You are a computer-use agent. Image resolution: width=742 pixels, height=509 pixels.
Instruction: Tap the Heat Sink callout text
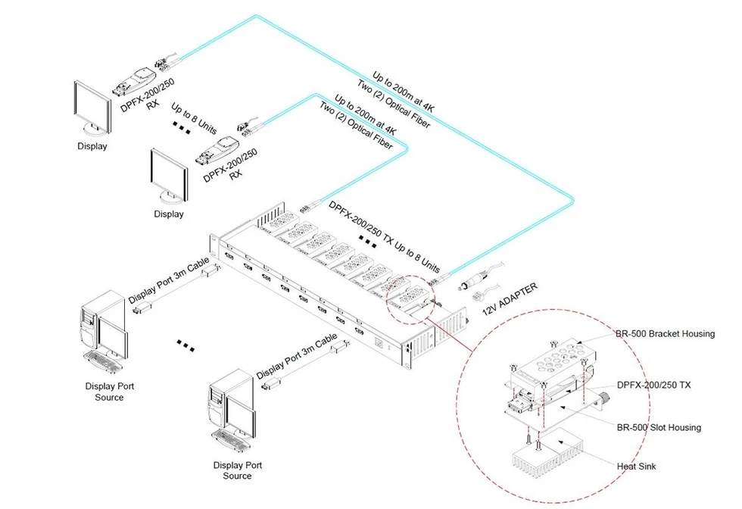pos(636,467)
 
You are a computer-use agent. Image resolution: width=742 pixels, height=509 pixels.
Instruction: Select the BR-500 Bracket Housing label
pos(665,334)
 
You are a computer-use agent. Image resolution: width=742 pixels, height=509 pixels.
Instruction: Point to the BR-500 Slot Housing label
pos(659,427)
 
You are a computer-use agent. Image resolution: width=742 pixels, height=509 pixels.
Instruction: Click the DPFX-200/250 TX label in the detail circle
pos(653,385)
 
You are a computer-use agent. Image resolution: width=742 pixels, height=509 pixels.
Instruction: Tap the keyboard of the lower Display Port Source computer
pos(232,440)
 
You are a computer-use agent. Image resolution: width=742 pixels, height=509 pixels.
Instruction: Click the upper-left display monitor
pos(92,107)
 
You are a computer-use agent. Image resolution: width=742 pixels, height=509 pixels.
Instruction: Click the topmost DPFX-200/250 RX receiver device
pos(133,81)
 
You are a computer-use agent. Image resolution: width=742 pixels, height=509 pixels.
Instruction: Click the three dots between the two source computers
pos(185,345)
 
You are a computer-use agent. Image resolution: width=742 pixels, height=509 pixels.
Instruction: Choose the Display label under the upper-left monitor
pos(92,146)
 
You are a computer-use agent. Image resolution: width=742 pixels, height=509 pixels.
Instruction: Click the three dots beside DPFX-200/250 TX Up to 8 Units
pos(368,242)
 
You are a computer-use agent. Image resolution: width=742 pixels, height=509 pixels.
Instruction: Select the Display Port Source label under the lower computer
pos(238,470)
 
